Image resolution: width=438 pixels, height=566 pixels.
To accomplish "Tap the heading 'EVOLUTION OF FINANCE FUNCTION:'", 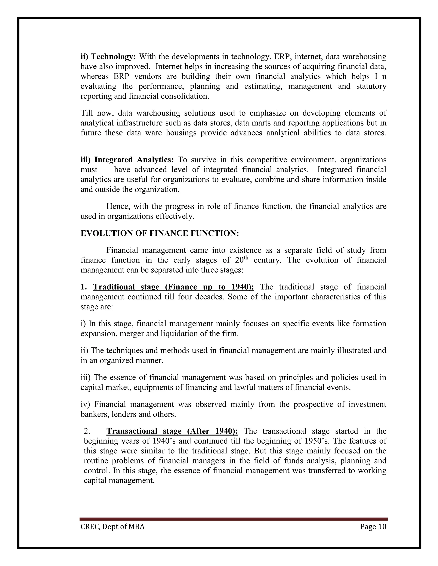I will click(x=160, y=233).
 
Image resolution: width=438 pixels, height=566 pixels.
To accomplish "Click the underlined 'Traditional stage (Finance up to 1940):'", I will click(x=173, y=287).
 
